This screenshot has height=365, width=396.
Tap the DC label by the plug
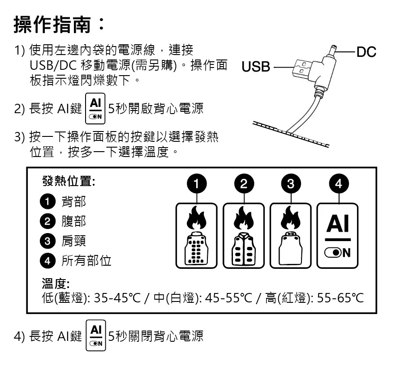366,52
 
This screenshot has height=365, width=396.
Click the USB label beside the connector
256,67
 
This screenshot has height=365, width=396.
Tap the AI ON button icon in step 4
95,335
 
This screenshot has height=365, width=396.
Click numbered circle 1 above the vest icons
196,184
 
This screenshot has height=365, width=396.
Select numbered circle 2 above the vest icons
244,184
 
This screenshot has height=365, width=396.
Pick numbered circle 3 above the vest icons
291,184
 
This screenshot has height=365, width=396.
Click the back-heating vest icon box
196,236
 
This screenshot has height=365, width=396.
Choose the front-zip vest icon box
244,236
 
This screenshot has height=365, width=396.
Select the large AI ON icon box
338,236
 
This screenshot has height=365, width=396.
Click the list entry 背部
73,201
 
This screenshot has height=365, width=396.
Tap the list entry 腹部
73,221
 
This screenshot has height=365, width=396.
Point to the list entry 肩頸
73,241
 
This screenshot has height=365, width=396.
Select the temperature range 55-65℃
340,298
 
